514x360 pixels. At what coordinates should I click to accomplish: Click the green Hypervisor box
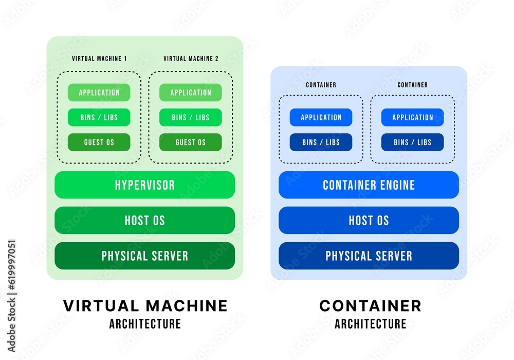click(x=144, y=185)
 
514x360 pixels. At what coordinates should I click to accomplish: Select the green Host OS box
click(x=144, y=220)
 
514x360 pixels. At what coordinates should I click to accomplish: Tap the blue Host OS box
click(x=369, y=220)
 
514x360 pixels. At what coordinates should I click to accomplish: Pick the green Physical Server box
click(x=144, y=256)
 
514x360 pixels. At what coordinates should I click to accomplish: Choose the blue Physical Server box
click(x=369, y=256)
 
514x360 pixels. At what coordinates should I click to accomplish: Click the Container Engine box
click(x=369, y=185)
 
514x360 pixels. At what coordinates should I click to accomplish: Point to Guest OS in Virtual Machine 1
click(x=99, y=142)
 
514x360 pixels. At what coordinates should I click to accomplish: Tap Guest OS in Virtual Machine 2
click(x=191, y=142)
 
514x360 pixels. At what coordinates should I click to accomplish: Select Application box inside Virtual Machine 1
click(x=99, y=93)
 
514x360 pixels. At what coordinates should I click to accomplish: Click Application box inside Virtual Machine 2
click(x=191, y=93)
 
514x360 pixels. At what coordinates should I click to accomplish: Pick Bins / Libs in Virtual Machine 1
click(x=99, y=117)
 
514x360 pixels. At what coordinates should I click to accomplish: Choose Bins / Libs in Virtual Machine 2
click(x=191, y=117)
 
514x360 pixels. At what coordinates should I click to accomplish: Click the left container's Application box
click(x=321, y=117)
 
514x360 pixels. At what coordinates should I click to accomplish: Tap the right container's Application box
click(x=413, y=117)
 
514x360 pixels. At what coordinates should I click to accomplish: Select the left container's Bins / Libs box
click(x=321, y=142)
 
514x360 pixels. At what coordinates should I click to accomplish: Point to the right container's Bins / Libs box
click(x=413, y=142)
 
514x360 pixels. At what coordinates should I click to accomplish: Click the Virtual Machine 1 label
click(x=99, y=59)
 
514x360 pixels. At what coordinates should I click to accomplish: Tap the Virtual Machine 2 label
click(x=191, y=59)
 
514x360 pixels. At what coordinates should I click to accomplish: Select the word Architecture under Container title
click(x=370, y=324)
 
